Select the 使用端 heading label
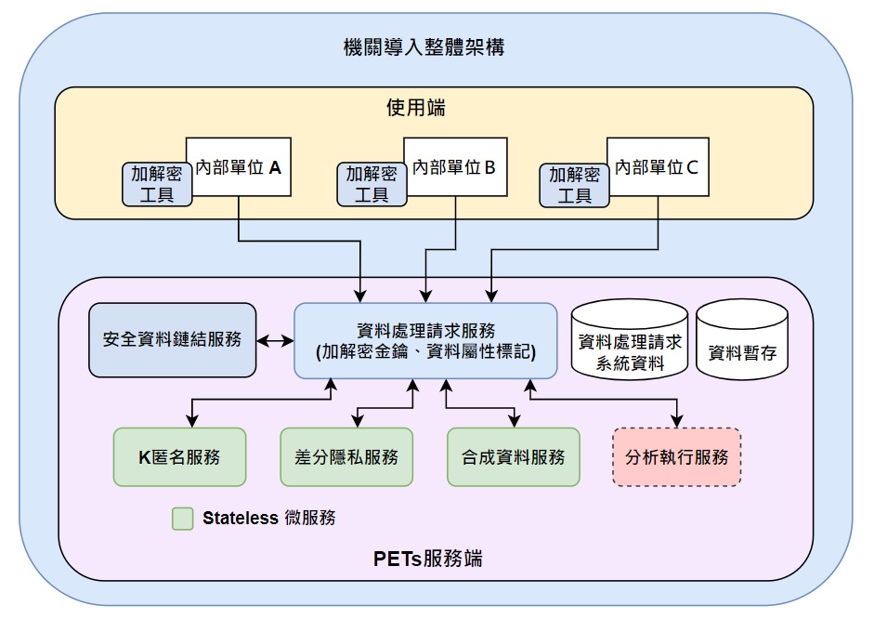[x=415, y=108]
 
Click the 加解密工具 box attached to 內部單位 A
[x=157, y=184]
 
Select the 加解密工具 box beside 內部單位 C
[x=575, y=184]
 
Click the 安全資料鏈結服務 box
[x=172, y=340]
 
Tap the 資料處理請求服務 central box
[x=425, y=340]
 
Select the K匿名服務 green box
[x=179, y=456]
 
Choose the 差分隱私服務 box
[x=346, y=456]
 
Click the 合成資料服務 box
[x=513, y=456]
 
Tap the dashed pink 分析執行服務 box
[x=677, y=456]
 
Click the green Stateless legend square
[x=183, y=519]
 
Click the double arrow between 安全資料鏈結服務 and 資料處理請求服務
[x=275, y=341]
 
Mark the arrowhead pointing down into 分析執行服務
[x=677, y=419]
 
